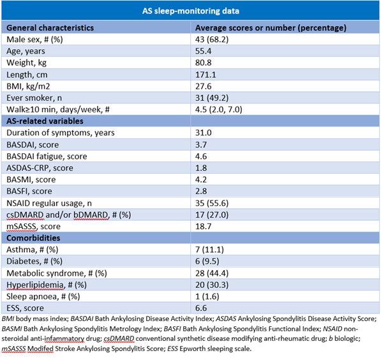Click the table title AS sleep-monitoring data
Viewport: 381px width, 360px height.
[x=190, y=11]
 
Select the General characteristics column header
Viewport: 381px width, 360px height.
[x=50, y=27]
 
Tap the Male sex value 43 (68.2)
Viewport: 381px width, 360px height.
[x=212, y=40]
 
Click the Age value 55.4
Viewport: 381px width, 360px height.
[x=204, y=51]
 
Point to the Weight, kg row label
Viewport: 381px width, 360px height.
[x=27, y=63]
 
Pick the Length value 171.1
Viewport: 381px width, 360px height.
[x=205, y=75]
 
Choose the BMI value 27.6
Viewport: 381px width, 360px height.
[x=204, y=86]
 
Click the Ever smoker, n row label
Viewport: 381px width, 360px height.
[x=34, y=98]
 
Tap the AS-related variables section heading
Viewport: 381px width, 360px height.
[x=45, y=121]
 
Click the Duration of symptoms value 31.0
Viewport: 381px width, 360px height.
[x=204, y=133]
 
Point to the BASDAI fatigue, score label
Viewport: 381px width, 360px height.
[x=47, y=156]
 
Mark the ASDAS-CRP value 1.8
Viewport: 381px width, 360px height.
[x=201, y=168]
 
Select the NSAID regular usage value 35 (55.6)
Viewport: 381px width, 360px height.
[x=212, y=203]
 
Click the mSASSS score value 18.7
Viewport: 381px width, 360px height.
[x=204, y=227]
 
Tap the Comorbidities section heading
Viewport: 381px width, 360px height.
[x=33, y=238]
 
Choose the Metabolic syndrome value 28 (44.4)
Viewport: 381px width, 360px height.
[x=212, y=273]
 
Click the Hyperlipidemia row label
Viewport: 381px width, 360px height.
[x=47, y=285]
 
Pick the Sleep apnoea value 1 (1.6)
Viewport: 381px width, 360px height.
[x=207, y=297]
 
